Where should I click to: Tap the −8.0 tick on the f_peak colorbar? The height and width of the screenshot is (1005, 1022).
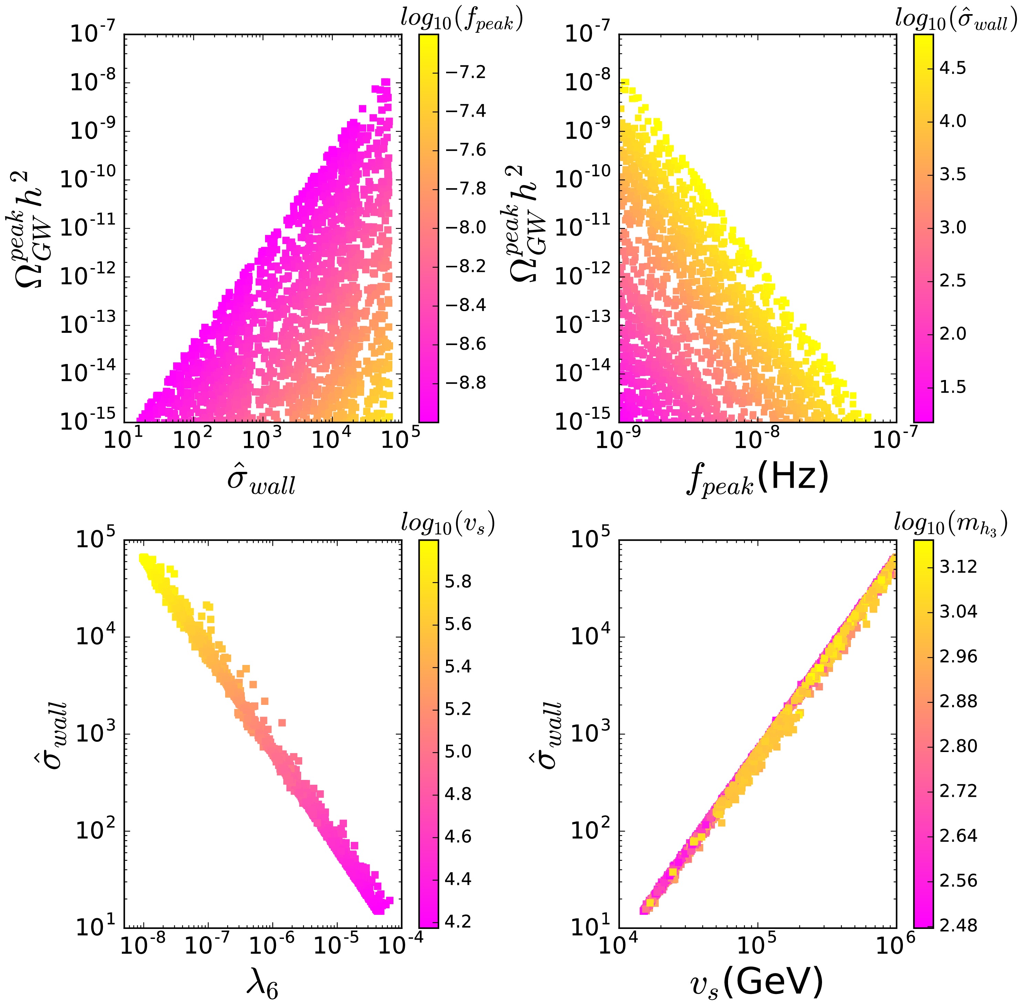(466, 228)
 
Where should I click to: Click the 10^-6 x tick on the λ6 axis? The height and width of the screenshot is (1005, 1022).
(271, 946)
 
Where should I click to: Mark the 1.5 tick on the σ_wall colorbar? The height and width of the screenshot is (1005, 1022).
(953, 387)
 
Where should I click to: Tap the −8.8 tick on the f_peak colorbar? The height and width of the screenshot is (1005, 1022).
(466, 383)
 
